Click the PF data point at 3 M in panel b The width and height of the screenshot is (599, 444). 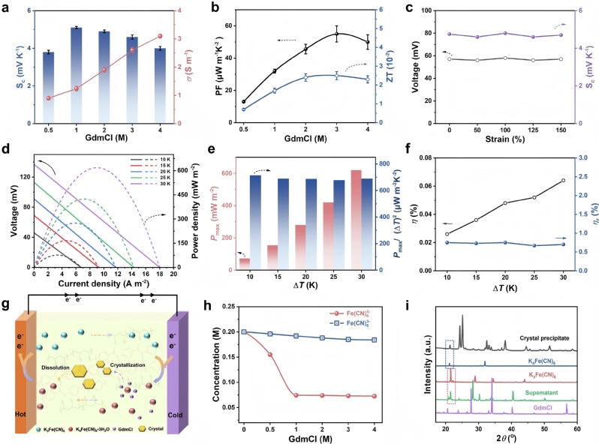coord(336,34)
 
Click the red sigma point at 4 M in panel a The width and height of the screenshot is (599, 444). coord(159,36)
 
